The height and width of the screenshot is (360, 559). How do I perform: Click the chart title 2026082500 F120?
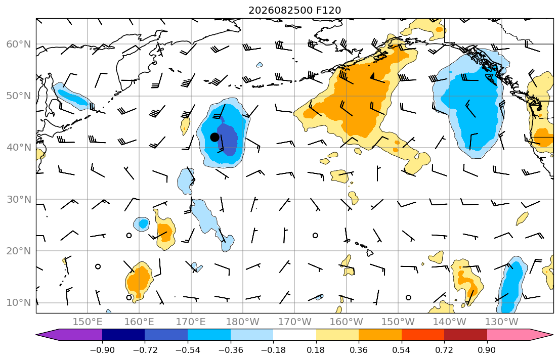[294, 10]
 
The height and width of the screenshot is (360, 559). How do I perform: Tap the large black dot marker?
[214, 137]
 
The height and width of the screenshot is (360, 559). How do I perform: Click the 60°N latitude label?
[19, 44]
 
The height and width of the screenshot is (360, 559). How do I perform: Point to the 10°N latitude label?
[19, 303]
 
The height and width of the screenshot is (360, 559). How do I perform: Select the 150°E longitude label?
[88, 322]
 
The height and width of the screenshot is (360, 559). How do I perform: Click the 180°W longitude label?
[243, 322]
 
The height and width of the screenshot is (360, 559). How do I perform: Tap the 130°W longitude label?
[502, 322]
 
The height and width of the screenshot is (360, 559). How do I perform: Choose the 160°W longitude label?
[346, 322]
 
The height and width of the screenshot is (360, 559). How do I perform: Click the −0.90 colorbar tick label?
[102, 350]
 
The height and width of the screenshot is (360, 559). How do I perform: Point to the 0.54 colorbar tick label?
[402, 350]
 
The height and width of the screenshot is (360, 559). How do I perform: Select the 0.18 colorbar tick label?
[316, 350]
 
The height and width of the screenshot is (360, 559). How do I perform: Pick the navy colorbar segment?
[123, 335]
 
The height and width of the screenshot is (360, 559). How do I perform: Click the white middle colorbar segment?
[294, 335]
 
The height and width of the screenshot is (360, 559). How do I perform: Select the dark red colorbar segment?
[465, 335]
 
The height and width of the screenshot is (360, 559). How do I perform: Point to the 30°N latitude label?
[19, 199]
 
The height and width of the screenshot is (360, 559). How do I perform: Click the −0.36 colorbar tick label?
[231, 350]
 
